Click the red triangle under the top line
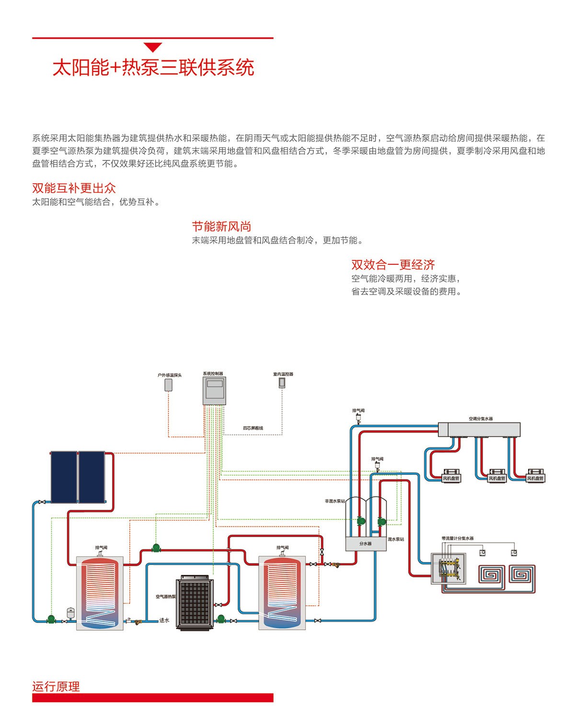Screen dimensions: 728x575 pos(153,47)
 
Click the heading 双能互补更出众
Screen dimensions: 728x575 pos(74,188)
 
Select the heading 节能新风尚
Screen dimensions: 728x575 pos(221,226)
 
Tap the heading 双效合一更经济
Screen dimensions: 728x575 pos(393,265)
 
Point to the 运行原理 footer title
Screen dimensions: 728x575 pos(56,686)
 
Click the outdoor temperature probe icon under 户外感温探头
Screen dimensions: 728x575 pos(169,385)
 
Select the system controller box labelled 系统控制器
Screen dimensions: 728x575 pos(214,391)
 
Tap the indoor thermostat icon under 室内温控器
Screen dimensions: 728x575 pos(282,382)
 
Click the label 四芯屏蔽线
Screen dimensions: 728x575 pos(253,428)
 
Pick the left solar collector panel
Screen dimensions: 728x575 pos(64,477)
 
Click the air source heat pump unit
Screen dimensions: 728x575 pos(194,602)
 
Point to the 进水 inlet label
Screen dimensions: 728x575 pos(164,620)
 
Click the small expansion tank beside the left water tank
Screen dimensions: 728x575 pos(71,612)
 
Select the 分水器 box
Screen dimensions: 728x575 pos(366,544)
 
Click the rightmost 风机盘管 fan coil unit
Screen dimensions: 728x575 pos(535,476)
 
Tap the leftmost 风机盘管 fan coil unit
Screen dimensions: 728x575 pos(451,476)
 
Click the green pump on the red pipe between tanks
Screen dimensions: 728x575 pos(156,547)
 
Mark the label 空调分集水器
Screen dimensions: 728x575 pos(481,419)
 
